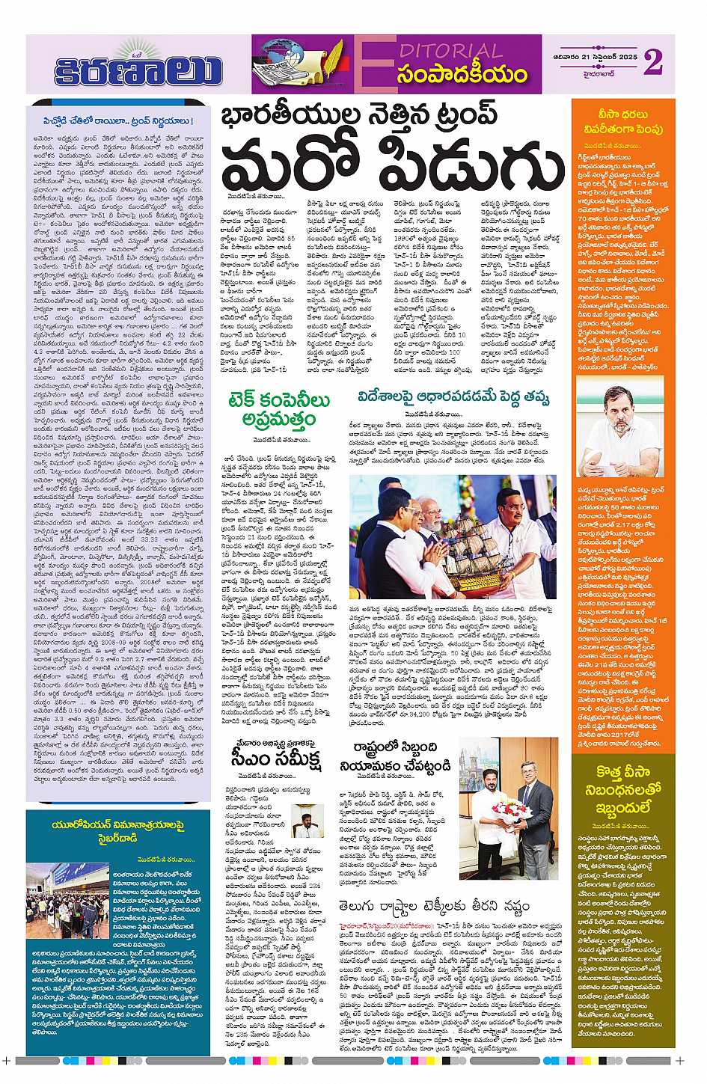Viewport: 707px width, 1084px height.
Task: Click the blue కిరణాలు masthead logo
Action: click(138, 67)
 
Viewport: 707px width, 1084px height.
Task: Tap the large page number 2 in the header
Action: click(652, 61)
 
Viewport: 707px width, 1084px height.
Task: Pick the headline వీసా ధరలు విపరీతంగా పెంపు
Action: click(623, 121)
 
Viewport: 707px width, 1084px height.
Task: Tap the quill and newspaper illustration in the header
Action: click(299, 64)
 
